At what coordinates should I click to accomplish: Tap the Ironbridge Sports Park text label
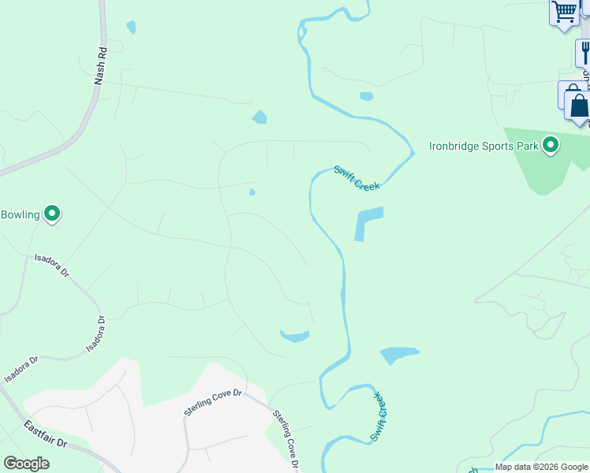pyautogui.click(x=483, y=146)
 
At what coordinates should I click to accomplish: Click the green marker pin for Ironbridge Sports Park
pyautogui.click(x=551, y=145)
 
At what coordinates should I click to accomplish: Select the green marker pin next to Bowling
pyautogui.click(x=52, y=214)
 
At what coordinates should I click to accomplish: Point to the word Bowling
pyautogui.click(x=20, y=214)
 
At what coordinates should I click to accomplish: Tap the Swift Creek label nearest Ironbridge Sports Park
pyautogui.click(x=357, y=177)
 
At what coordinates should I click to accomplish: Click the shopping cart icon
pyautogui.click(x=564, y=12)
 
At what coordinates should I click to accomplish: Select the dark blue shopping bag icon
pyautogui.click(x=579, y=106)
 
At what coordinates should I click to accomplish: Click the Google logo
pyautogui.click(x=26, y=464)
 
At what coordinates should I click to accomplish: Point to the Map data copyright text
pyautogui.click(x=541, y=467)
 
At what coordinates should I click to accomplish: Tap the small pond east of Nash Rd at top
pyautogui.click(x=131, y=27)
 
